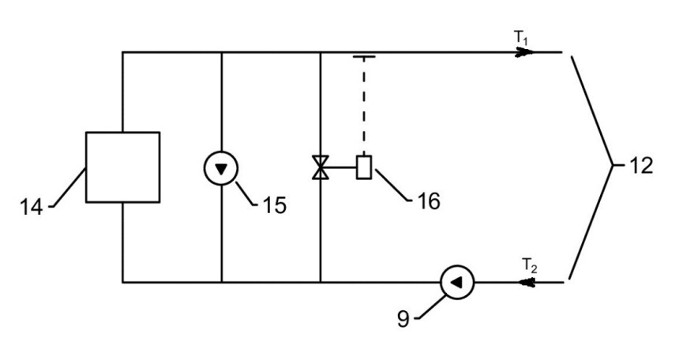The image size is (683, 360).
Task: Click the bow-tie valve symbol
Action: [321, 167]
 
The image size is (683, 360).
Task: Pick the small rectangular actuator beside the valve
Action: [364, 167]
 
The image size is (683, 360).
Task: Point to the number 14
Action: [32, 207]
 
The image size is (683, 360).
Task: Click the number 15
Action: [275, 205]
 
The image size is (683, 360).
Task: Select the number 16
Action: [429, 201]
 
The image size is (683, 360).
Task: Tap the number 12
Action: [642, 166]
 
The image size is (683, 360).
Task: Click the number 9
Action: [403, 319]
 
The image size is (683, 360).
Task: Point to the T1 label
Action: [521, 37]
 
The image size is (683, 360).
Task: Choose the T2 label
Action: [530, 265]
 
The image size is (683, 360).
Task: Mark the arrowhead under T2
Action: [527, 283]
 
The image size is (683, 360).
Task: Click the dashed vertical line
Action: [364, 107]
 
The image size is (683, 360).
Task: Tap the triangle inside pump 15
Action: [221, 169]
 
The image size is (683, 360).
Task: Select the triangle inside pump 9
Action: [456, 283]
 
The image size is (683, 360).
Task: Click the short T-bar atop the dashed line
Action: [364, 57]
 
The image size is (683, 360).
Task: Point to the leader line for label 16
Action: [392, 185]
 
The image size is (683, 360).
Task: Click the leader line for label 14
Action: [68, 187]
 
